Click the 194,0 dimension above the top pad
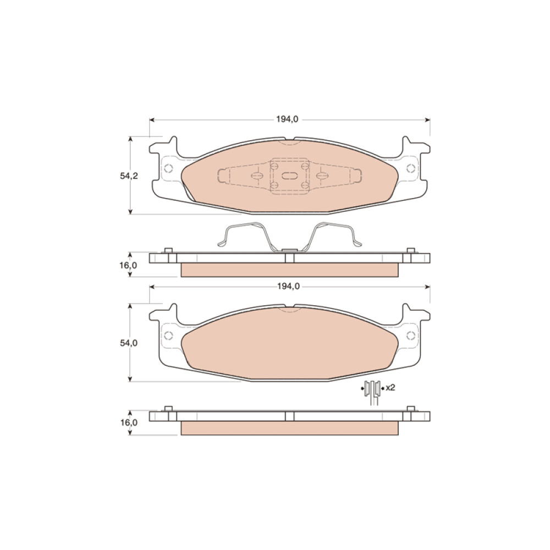coord(287,119)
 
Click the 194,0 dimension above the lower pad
coord(288,286)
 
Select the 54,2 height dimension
coord(129,176)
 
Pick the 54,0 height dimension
coord(129,343)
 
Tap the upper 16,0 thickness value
coord(128,265)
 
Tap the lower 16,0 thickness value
coord(129,422)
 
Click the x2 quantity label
coord(391,388)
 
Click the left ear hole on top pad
coord(169,168)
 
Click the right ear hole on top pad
coord(411,168)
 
